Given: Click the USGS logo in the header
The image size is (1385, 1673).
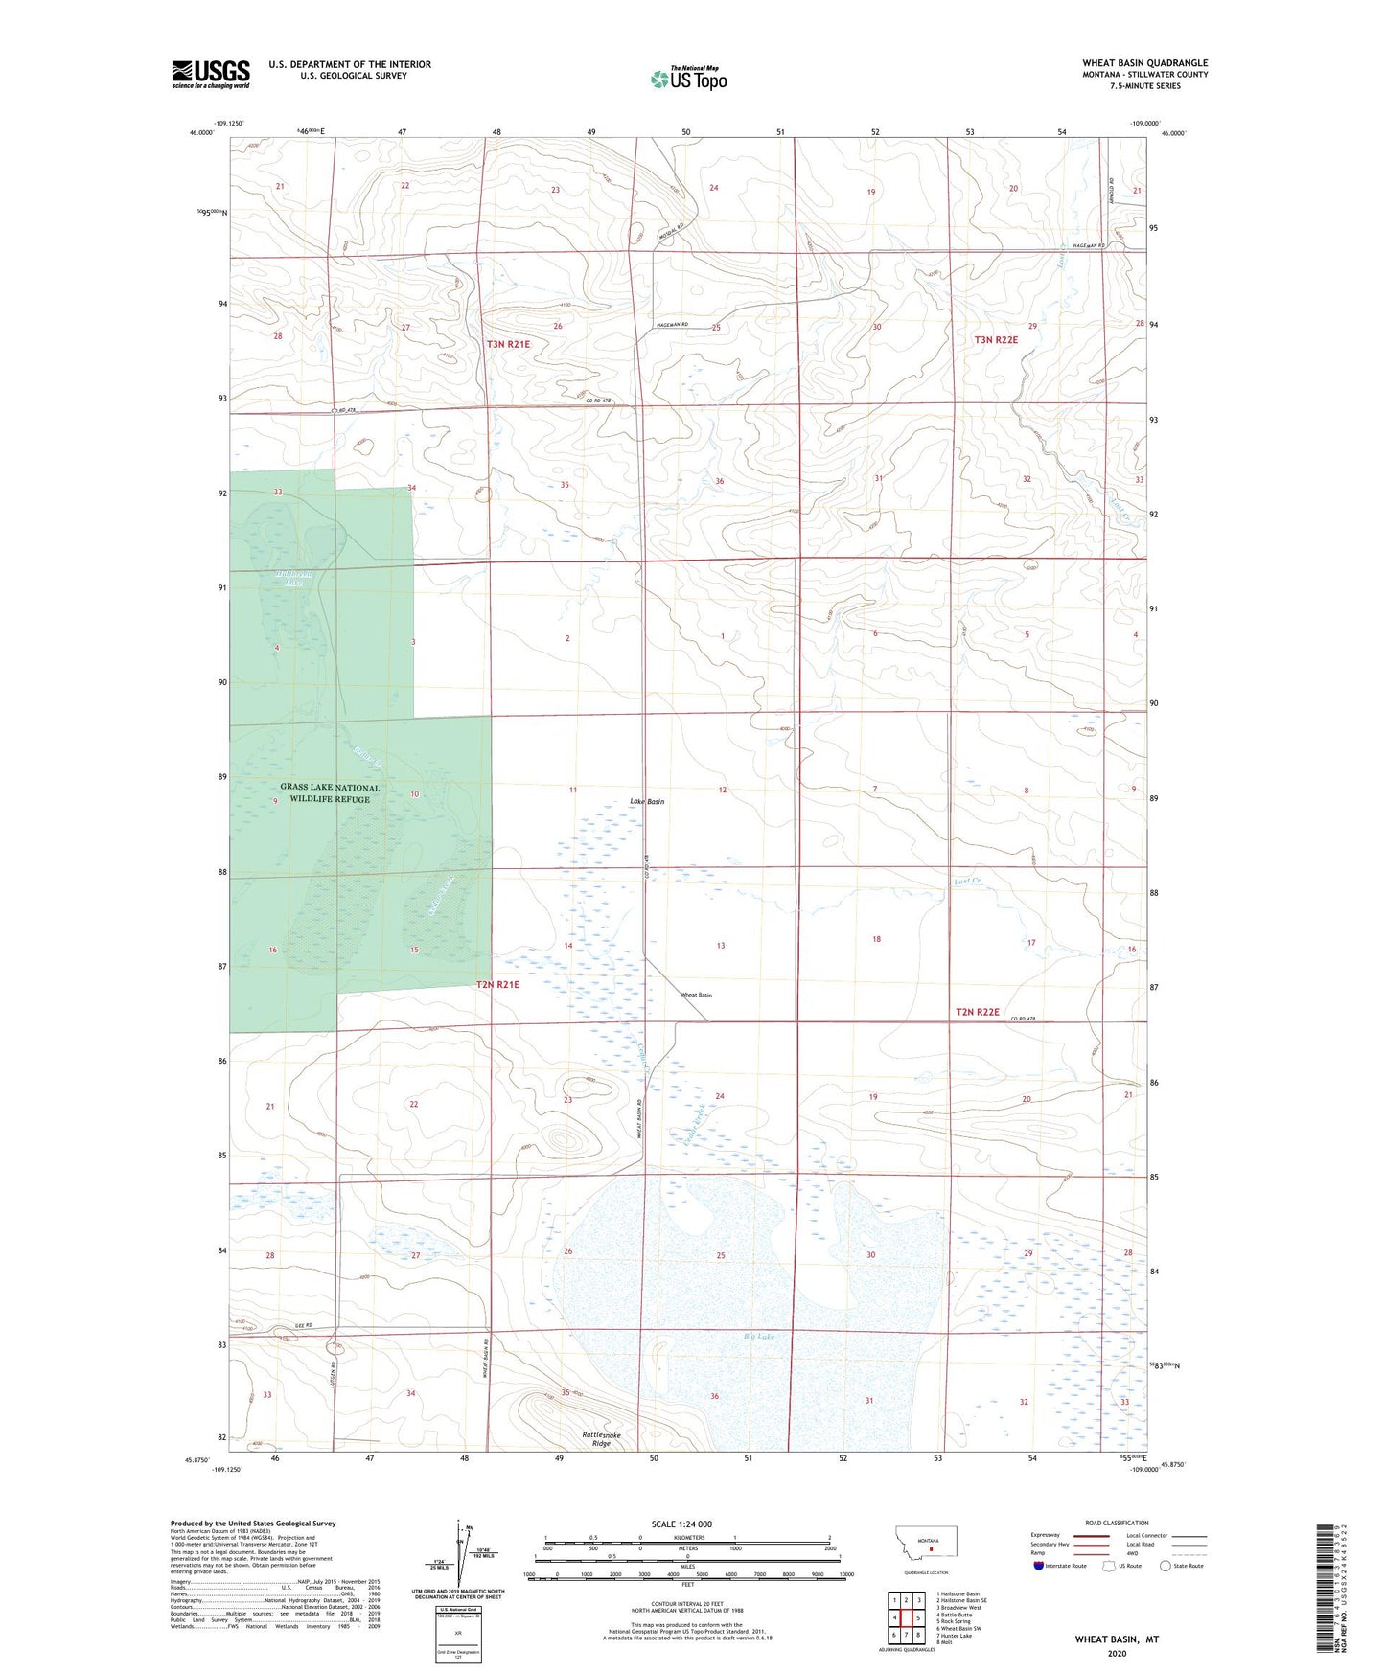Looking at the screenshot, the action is [x=211, y=74].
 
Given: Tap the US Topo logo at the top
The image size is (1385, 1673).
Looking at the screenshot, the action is [x=688, y=79].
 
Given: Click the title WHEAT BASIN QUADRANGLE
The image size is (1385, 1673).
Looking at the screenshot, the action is [x=1144, y=63].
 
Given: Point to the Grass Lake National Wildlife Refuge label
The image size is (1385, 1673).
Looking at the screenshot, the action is [x=330, y=793].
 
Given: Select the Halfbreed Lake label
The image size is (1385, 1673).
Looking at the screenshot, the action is [x=293, y=578].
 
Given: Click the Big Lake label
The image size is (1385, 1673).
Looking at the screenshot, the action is [x=758, y=1336].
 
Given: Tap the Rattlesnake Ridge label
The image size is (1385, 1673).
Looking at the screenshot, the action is [x=602, y=1438].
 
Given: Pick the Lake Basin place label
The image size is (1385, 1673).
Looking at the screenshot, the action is [x=647, y=801].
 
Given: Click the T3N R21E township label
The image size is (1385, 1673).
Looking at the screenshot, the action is [x=508, y=344].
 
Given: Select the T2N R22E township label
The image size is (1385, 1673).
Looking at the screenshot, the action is [x=978, y=1012].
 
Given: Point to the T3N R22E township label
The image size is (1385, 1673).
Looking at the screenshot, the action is [x=996, y=340].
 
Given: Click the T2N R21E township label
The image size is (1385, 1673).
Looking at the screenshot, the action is [x=498, y=984].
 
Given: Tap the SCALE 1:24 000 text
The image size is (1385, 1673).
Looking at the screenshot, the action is [x=681, y=1524].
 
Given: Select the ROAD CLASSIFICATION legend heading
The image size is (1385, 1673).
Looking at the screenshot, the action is [x=1117, y=1523].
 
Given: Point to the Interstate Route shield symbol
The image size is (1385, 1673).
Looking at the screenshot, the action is [x=1039, y=1566].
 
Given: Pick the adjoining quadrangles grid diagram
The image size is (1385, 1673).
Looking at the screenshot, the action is [x=906, y=1620].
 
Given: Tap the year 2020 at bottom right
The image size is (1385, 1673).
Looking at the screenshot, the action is [x=1117, y=1653].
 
